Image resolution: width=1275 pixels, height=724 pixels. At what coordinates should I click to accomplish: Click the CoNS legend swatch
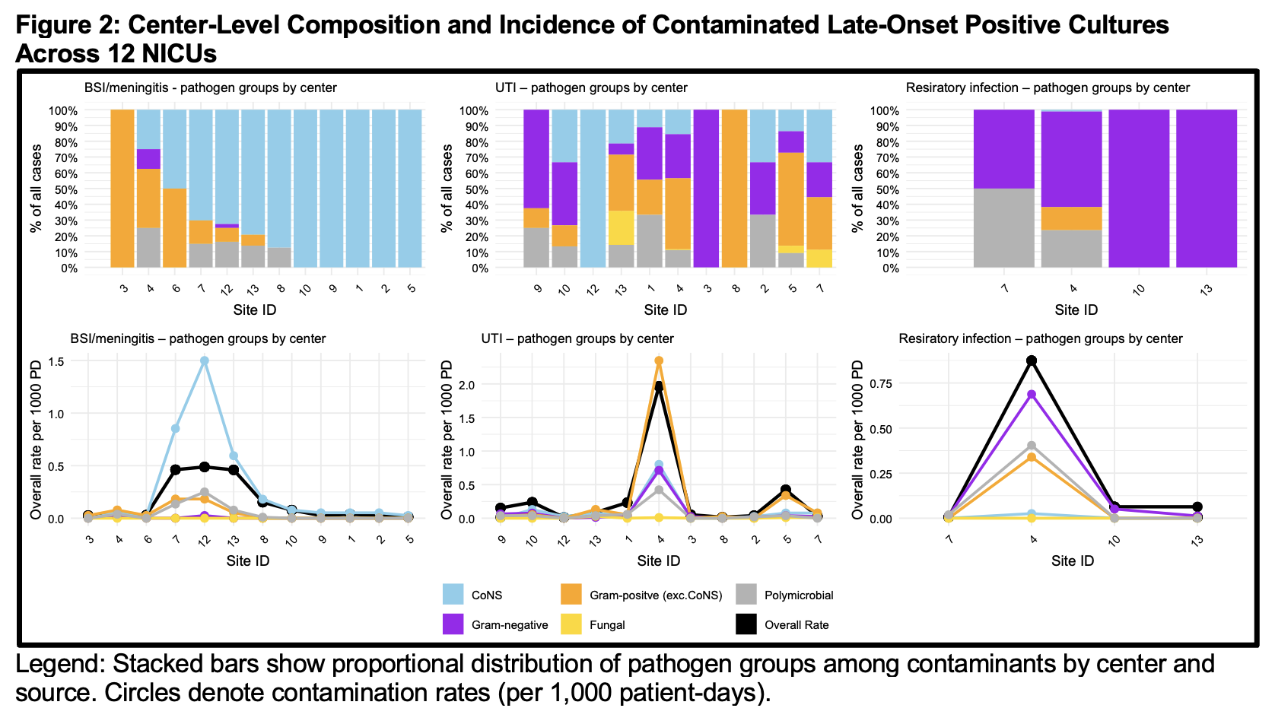[453, 594]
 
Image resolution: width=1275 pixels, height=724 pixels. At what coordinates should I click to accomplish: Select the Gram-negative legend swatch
[453, 624]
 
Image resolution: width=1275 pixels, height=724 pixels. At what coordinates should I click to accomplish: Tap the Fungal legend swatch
[571, 624]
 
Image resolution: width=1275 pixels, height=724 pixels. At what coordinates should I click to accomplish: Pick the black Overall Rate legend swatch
[746, 624]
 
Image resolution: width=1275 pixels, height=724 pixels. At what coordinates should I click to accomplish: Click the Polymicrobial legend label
[799, 595]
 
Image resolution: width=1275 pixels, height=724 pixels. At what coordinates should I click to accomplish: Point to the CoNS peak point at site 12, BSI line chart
[205, 361]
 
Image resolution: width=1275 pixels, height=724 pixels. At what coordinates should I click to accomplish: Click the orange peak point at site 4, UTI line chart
[659, 361]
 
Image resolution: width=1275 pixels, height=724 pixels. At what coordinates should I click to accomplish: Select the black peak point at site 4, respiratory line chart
[1032, 361]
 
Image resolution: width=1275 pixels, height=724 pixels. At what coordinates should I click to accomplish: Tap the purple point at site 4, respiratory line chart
[1032, 395]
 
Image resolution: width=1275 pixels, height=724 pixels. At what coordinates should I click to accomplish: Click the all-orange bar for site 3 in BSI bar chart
[122, 189]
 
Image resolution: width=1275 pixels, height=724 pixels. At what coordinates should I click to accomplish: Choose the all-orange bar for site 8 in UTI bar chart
[734, 189]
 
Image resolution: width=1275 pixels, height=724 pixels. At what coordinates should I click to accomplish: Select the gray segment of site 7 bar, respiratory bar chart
[1004, 227]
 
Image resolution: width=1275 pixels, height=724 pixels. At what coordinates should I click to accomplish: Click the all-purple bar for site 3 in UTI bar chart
[706, 189]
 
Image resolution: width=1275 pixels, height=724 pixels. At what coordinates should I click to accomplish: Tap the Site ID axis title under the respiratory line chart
[1073, 561]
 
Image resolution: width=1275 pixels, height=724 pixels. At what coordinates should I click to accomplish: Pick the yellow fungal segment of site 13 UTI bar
[621, 227]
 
